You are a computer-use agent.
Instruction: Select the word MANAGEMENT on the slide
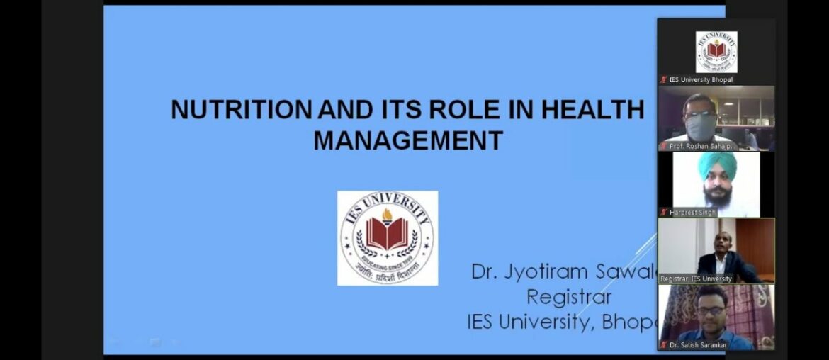408,140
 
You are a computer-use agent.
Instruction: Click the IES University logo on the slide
387,238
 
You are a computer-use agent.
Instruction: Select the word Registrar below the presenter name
569,296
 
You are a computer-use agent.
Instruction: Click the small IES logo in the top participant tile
716,52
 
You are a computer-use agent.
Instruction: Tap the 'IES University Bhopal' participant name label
700,80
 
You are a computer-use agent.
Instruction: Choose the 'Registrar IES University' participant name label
696,279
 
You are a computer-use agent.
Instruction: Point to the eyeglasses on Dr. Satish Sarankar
711,310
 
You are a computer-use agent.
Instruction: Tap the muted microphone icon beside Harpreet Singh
664,213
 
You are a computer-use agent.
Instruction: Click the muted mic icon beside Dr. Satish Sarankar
664,345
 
